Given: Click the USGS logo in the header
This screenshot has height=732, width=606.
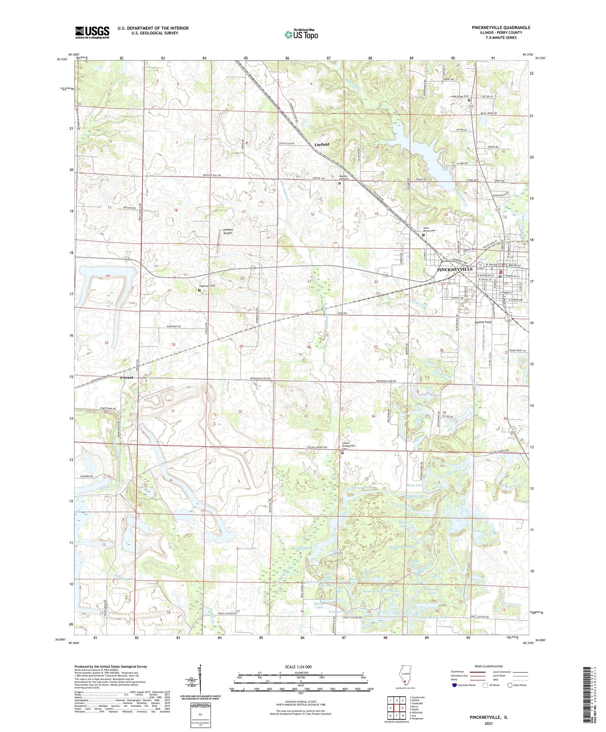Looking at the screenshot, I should [92, 32].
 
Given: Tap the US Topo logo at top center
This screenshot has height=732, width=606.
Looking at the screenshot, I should [301, 34].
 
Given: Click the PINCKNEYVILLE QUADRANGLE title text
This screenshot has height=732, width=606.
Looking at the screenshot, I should [501, 28].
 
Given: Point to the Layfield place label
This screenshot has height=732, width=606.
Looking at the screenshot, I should [322, 144].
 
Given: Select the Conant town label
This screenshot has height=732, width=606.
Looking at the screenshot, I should [127, 377].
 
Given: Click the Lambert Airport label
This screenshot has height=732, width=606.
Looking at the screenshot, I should [227, 231].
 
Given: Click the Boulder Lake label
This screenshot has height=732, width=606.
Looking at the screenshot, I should [302, 548].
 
